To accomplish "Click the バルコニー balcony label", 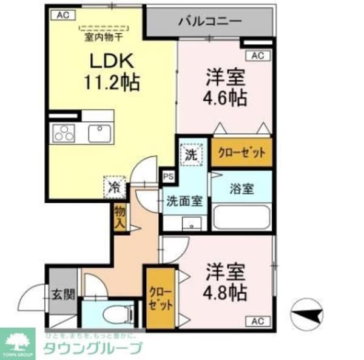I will pyautogui.click(x=210, y=22).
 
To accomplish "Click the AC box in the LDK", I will pyautogui.click(x=60, y=16).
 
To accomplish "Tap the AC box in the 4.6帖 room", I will pyautogui.click(x=257, y=56).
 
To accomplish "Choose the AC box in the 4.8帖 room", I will pyautogui.click(x=257, y=321).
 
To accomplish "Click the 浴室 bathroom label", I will pyautogui.click(x=242, y=188).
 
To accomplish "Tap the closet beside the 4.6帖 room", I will pyautogui.click(x=241, y=153).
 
